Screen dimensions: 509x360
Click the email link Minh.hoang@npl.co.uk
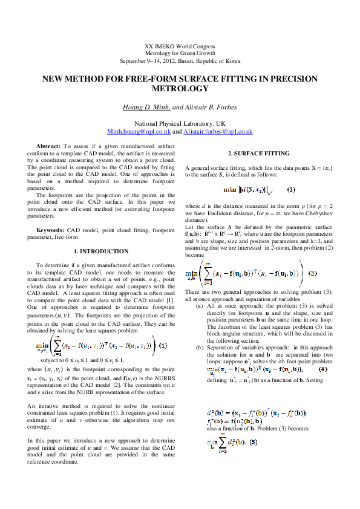[138, 131]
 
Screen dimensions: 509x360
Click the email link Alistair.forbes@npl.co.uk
[218, 131]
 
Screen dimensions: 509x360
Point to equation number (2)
[292, 189]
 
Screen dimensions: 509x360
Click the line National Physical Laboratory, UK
[180, 123]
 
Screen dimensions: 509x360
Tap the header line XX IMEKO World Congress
[180, 47]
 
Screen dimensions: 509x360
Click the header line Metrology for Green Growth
[180, 54]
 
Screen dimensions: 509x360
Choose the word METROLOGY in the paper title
[180, 88]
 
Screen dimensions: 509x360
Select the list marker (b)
[199, 348]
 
